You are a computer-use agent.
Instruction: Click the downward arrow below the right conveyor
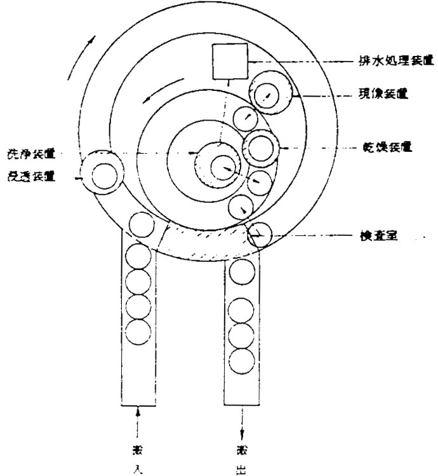click(x=242, y=421)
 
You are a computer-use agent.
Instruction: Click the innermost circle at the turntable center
click(x=222, y=167)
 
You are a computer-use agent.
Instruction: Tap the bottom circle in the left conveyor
click(x=138, y=330)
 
